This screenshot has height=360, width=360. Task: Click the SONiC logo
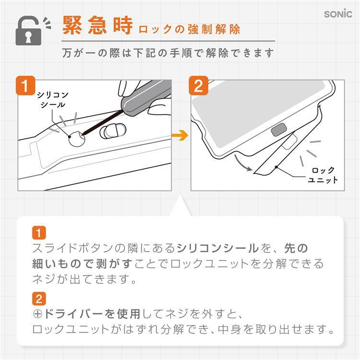tap(338, 14)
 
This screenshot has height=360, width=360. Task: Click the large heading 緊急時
tap(97, 25)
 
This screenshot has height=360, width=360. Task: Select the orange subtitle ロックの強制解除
tap(190, 29)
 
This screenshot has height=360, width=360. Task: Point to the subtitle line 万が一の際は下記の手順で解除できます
tap(168, 53)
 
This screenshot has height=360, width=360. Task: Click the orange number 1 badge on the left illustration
tap(25, 85)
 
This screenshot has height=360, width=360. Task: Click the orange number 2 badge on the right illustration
tap(198, 85)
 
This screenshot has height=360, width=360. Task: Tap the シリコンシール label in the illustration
tap(53, 100)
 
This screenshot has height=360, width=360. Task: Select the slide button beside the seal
tap(113, 132)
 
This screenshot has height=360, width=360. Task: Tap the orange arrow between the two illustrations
tap(180, 135)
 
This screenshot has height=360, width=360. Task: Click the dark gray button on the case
tap(279, 130)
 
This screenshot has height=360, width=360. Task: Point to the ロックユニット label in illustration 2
tap(323, 175)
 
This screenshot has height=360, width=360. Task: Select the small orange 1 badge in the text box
tap(39, 233)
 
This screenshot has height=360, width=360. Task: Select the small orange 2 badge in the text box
tap(39, 299)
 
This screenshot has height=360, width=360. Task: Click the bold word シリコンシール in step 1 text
tap(217, 249)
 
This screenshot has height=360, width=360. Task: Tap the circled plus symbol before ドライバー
tap(37, 314)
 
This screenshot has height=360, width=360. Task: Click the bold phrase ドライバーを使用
tap(92, 314)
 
